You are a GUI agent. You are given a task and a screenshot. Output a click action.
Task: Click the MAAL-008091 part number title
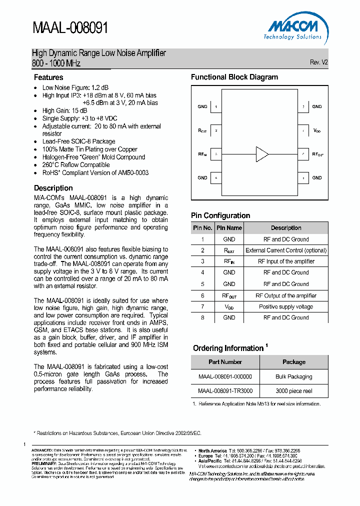pyautogui.click(x=70, y=27)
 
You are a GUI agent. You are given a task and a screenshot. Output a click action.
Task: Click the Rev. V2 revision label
pyautogui.click(x=318, y=62)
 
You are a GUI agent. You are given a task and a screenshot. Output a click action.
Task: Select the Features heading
pyautogui.click(x=48, y=77)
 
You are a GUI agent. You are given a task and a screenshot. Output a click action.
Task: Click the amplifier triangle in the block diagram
pyautogui.click(x=262, y=154)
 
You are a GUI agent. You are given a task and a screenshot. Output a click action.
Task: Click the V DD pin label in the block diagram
pyautogui.click(x=317, y=130)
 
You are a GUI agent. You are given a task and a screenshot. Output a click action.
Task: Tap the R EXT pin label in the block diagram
pyautogui.click(x=202, y=130)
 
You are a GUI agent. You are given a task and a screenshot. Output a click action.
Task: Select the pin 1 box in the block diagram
pyautogui.click(x=216, y=106)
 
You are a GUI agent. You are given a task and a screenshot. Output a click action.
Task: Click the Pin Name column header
pyautogui.click(x=229, y=228)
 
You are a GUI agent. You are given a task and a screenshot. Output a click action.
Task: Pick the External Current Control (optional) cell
pyautogui.click(x=286, y=250)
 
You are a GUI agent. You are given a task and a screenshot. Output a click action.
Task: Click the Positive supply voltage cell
pyautogui.click(x=286, y=306)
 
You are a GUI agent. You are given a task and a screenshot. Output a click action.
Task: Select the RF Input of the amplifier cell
pyautogui.click(x=286, y=261)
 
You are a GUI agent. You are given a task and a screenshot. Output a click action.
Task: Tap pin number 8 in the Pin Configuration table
pyautogui.click(x=202, y=317)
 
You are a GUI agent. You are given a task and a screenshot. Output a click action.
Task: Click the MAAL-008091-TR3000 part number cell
pyautogui.click(x=225, y=391)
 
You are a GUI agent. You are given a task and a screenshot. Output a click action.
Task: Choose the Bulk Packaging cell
pyautogui.click(x=294, y=376)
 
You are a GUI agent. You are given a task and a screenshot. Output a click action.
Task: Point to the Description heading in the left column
pyautogui.click(x=53, y=188)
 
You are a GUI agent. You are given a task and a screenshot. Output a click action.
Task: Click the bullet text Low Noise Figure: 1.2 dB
pyautogui.click(x=75, y=87)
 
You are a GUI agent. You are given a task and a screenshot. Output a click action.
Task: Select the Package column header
pyautogui.click(x=294, y=362)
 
